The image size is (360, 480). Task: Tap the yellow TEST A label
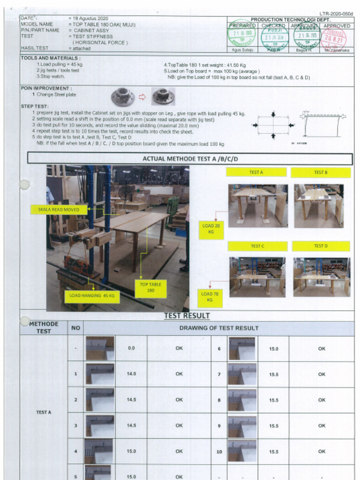[256, 172]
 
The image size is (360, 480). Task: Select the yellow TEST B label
[321, 172]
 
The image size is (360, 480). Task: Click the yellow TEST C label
[256, 246]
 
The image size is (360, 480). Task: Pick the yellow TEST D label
[321, 246]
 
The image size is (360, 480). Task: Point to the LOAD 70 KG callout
[210, 297]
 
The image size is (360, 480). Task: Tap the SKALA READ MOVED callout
[59, 210]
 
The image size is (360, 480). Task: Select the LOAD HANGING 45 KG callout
[91, 296]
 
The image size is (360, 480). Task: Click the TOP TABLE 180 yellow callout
[150, 287]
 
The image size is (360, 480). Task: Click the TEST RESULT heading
[187, 316]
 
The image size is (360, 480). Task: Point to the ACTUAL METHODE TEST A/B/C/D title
[190, 159]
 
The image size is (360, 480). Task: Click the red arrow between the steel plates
[142, 97]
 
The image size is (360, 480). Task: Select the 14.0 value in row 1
[131, 374]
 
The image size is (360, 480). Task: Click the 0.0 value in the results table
[131, 348]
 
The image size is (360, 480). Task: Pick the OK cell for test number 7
[321, 374]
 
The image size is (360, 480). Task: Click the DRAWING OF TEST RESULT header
[218, 328]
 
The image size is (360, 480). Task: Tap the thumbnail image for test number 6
[242, 348]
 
